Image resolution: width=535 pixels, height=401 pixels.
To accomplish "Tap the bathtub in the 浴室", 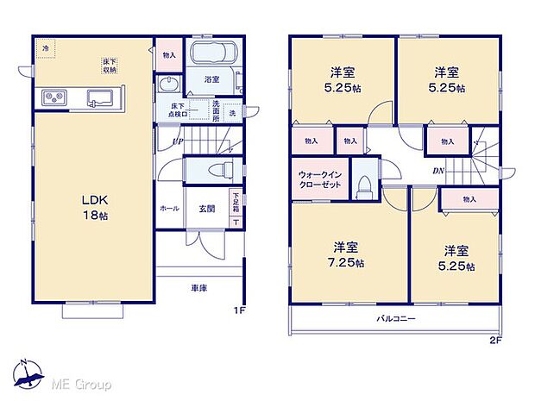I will (211, 55).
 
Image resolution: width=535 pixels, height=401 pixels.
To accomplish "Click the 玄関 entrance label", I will (209, 209).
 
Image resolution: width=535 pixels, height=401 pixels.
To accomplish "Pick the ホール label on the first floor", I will (169, 209).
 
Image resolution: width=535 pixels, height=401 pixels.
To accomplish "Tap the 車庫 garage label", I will (198, 286).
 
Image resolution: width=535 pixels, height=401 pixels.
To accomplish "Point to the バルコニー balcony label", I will (396, 318).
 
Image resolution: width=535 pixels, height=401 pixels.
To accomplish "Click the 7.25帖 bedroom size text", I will (347, 262).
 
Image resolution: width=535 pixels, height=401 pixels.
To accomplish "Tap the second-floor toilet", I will (365, 185).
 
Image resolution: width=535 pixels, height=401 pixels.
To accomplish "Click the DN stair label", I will (439, 171).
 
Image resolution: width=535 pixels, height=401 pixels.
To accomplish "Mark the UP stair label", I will (176, 141).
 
